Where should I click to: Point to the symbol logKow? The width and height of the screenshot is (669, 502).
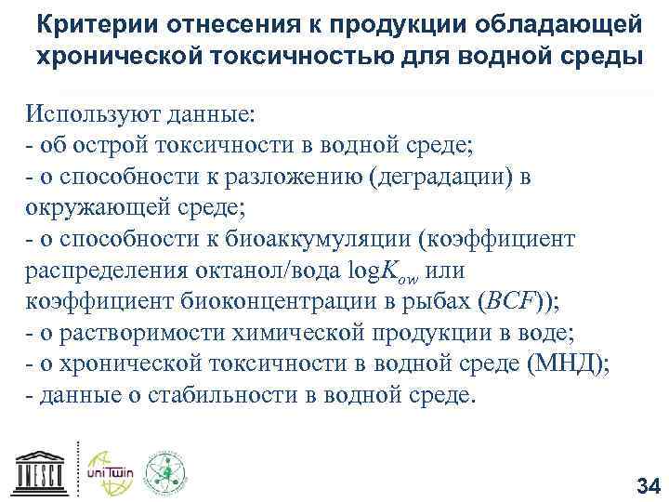point(378,271)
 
